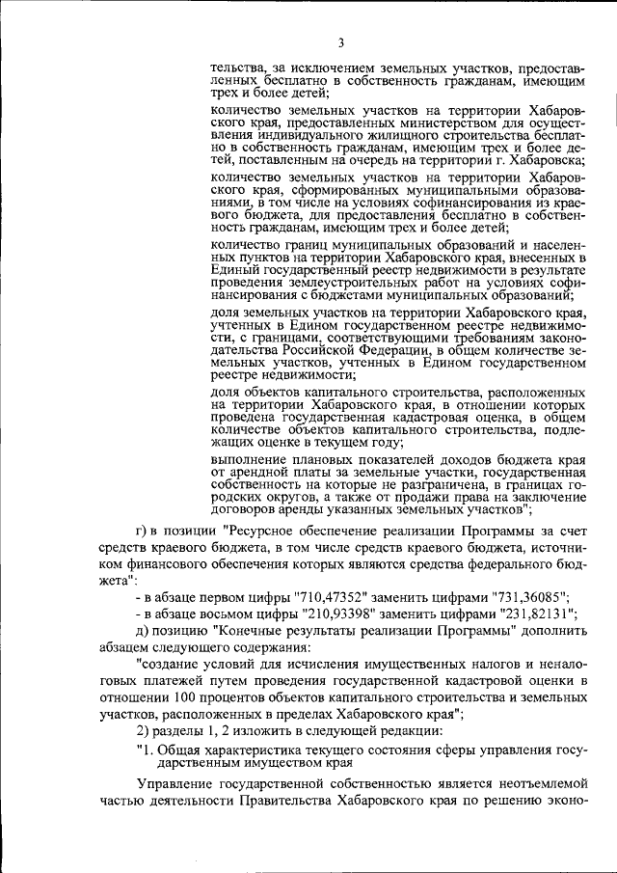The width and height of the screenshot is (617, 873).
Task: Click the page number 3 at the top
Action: (x=341, y=41)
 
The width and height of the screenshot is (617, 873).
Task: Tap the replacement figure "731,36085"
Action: (x=517, y=595)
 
